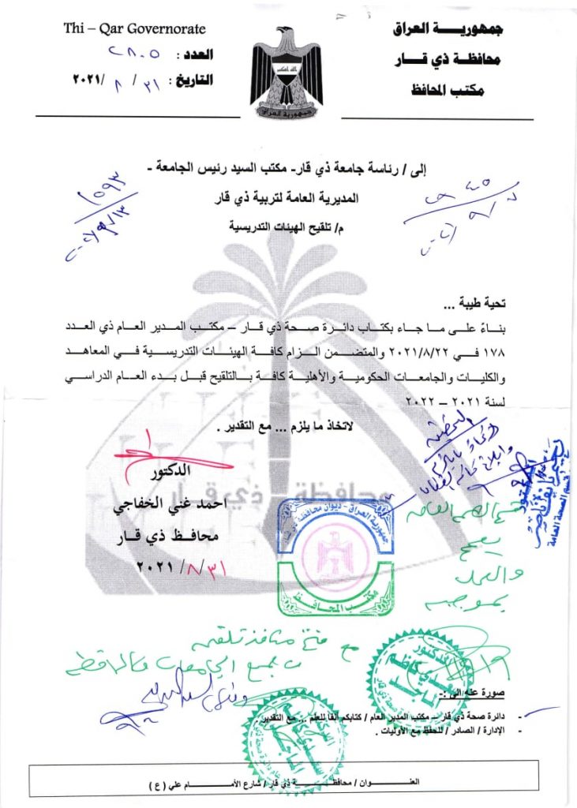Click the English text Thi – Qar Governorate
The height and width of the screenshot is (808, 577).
[x=134, y=29]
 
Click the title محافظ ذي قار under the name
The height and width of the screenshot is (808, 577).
[x=167, y=537]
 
